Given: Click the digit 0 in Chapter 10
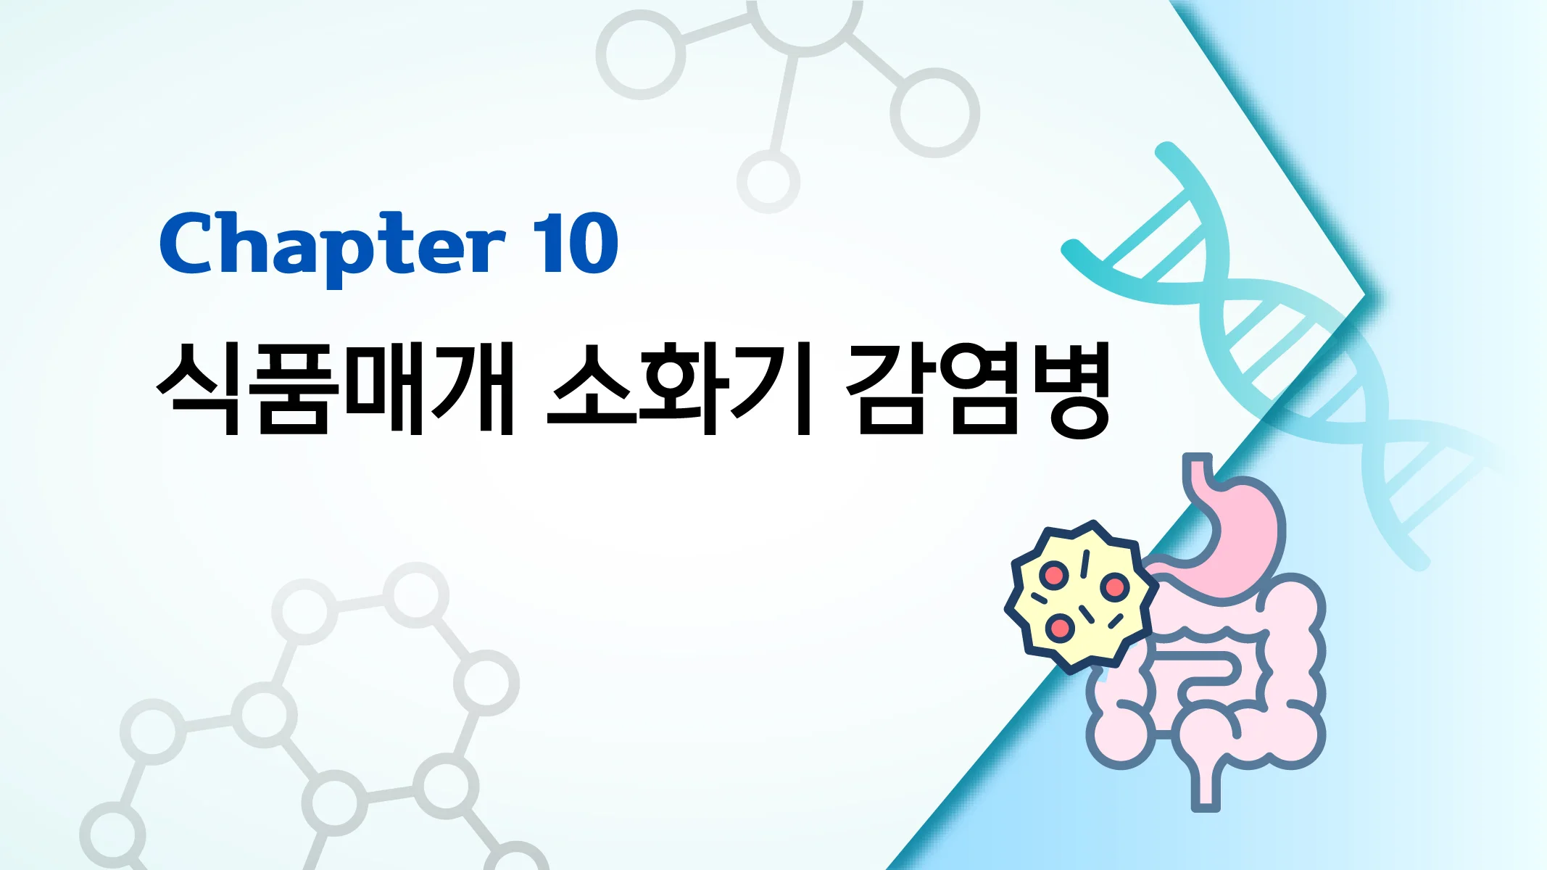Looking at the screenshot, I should coord(594,245).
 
